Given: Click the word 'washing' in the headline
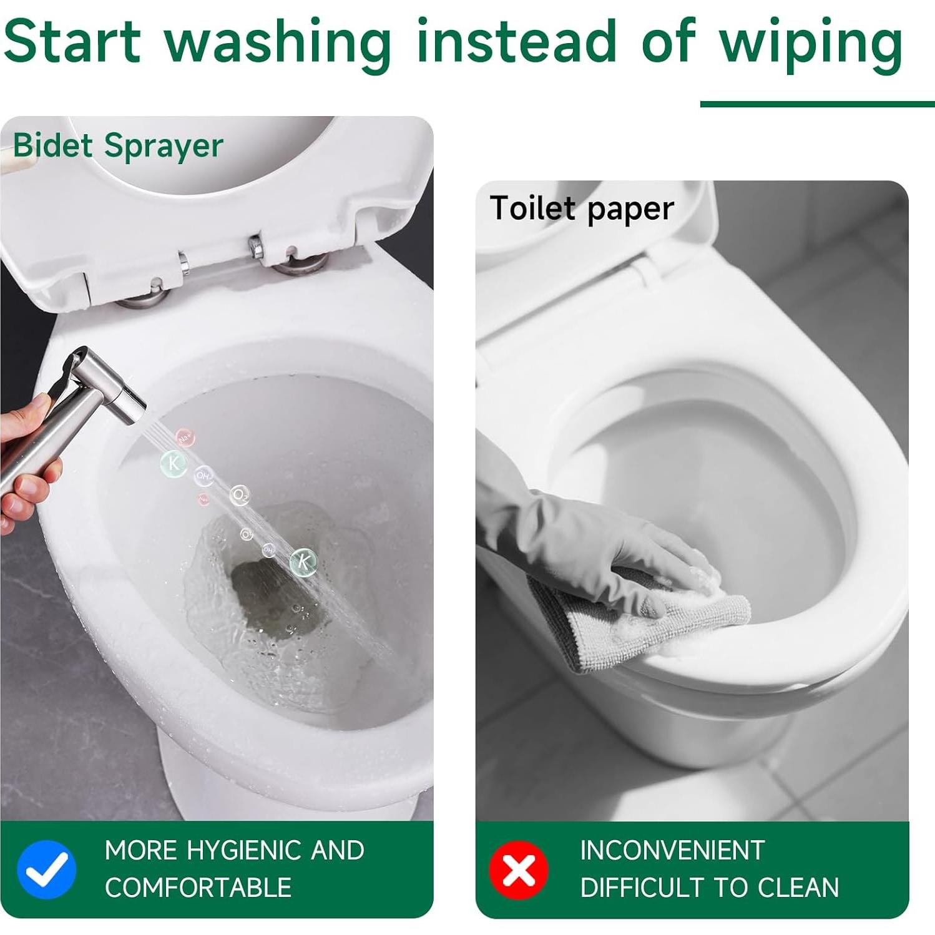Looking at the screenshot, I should [277, 41].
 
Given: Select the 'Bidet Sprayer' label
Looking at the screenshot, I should [118, 146].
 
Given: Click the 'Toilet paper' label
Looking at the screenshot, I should [582, 208].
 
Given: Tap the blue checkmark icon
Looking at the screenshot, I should [47, 869].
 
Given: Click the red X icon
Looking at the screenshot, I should [518, 869].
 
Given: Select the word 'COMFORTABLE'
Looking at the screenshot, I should [198, 888].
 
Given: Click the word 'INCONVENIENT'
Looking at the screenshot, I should [672, 850].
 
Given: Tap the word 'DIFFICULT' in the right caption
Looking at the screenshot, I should [642, 888].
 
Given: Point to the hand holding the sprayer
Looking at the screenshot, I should [25, 462].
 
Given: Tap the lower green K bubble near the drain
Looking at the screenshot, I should [303, 561].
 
